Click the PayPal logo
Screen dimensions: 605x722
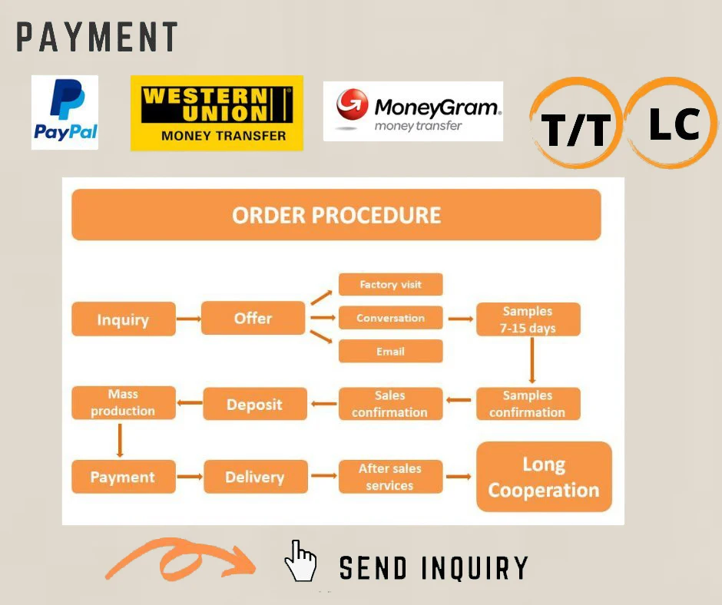tap(65, 112)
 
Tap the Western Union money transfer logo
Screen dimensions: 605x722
tap(217, 113)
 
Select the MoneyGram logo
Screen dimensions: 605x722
tap(413, 111)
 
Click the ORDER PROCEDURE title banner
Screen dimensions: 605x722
tap(336, 215)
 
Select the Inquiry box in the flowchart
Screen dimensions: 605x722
tap(123, 319)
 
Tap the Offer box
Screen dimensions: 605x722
tap(253, 318)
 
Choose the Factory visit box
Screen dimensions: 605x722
tap(390, 284)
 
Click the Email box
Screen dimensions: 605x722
tap(390, 352)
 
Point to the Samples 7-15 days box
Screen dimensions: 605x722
tap(528, 319)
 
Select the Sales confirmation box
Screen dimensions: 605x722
tap(390, 404)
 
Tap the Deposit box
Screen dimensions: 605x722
tap(254, 404)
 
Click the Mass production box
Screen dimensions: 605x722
tap(123, 403)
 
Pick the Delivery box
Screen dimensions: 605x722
tap(254, 477)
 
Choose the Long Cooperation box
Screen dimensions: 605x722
tap(544, 477)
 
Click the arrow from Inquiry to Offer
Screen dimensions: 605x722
tap(187, 318)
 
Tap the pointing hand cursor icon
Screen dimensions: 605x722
tap(300, 562)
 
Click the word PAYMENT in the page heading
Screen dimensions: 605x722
tap(97, 38)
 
